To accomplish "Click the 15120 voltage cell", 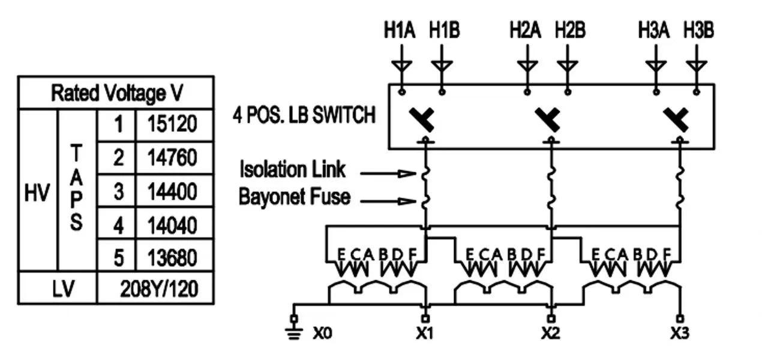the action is click(x=172, y=124).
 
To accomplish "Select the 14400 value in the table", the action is click(x=172, y=191).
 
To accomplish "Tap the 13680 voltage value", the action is click(x=172, y=257).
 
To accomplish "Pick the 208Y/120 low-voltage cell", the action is click(x=159, y=289).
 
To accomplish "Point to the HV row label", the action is click(x=37, y=192).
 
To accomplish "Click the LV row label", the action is click(x=63, y=289).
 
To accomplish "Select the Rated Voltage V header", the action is click(x=117, y=93).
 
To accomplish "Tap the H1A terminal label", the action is click(x=400, y=30).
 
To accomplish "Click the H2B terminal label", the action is click(x=571, y=30).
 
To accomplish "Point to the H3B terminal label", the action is click(x=699, y=30).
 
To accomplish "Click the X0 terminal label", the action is click(x=322, y=334).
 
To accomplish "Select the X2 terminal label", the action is click(x=550, y=334).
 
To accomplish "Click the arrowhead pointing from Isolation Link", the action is click(x=407, y=173).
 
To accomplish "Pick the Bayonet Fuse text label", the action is click(x=295, y=197).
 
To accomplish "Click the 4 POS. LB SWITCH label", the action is click(x=304, y=115).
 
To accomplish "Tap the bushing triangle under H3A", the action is click(x=656, y=65).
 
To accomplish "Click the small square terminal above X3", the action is click(x=680, y=319).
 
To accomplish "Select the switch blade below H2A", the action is click(x=547, y=119).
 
